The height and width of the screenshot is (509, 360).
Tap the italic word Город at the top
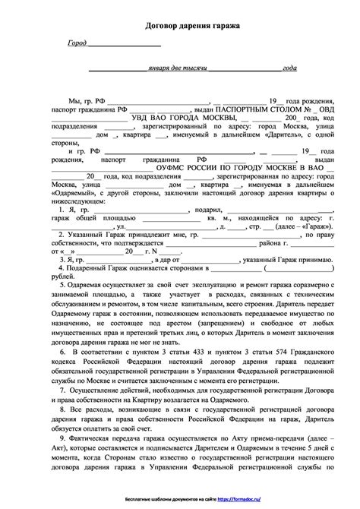77,45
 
